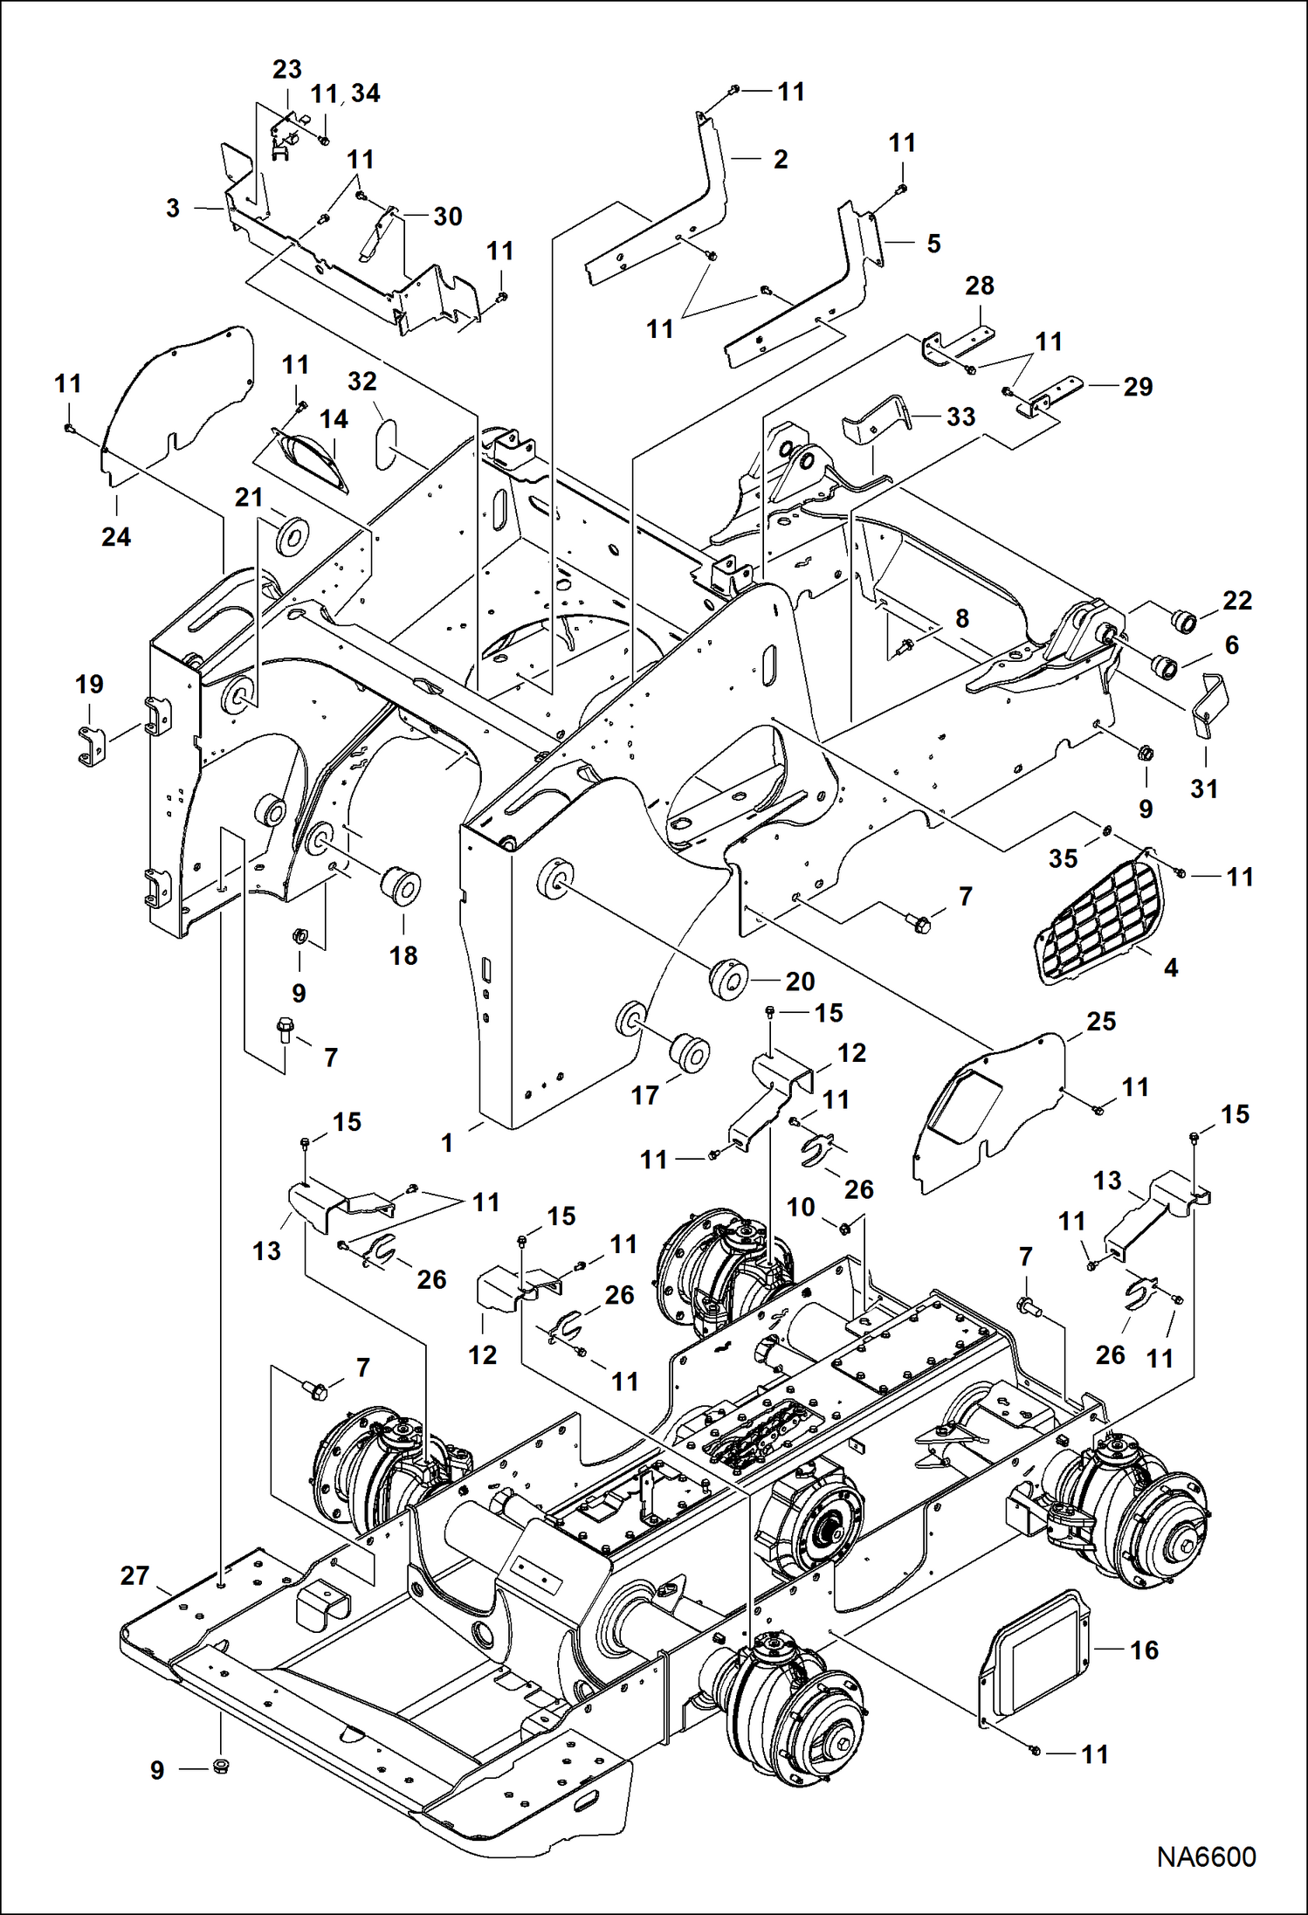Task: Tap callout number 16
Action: point(1144,1650)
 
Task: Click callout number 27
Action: point(134,1575)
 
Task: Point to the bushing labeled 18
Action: point(402,886)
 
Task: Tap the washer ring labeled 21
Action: point(293,535)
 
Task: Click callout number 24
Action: point(116,536)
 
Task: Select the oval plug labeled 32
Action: point(386,444)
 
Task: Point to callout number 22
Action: point(1237,600)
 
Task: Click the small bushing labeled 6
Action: point(1166,665)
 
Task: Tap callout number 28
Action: point(979,286)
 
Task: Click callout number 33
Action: point(960,417)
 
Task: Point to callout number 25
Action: point(1100,1021)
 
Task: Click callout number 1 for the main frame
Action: point(447,1142)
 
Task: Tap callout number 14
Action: point(334,419)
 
